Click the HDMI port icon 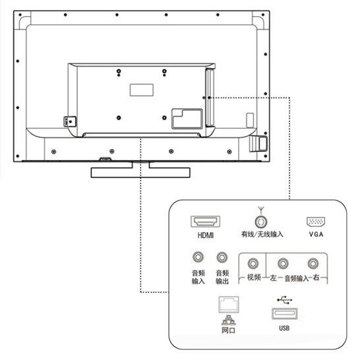coord(205,222)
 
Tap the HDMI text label coord(206,235)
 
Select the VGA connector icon coord(316,222)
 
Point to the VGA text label coord(316,234)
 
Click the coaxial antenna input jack coord(261,222)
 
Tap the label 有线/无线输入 coord(262,234)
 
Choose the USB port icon coord(284,314)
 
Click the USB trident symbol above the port coord(284,300)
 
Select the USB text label coord(284,328)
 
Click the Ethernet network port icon coord(229,305)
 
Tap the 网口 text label coord(228,330)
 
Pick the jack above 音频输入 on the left coord(198,257)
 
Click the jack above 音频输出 coord(222,257)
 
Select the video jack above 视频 coord(253,264)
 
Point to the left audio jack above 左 coord(283,264)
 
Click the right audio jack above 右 coord(313,264)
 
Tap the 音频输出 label coord(222,277)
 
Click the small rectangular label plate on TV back coord(142,90)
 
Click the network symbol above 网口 coord(228,320)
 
